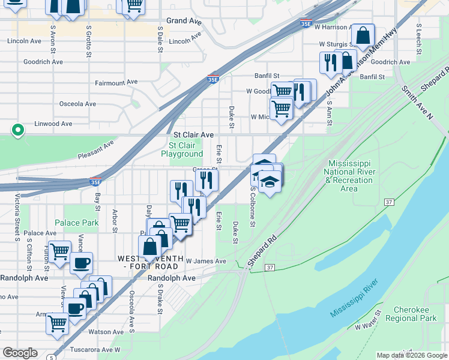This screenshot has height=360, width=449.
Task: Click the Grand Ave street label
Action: pos(184,21)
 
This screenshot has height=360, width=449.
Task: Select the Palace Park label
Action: pos(76,223)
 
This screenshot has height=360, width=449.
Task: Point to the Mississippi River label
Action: pos(354,298)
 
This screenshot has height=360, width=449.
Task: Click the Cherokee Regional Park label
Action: pos(415,314)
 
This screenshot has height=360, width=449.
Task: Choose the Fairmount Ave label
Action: pos(116,82)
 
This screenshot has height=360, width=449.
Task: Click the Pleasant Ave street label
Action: pos(95,149)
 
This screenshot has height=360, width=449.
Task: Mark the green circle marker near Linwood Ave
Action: pos(18,129)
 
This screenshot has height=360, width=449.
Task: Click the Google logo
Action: pos(20,353)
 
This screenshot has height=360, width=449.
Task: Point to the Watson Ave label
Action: pos(106,332)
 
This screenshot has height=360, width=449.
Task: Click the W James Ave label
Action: pos(205,261)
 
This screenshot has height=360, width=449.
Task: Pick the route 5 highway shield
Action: pos(52,358)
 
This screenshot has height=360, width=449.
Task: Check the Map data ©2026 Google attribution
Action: pos(411,355)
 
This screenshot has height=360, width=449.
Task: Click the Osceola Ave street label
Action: pos(77,104)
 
